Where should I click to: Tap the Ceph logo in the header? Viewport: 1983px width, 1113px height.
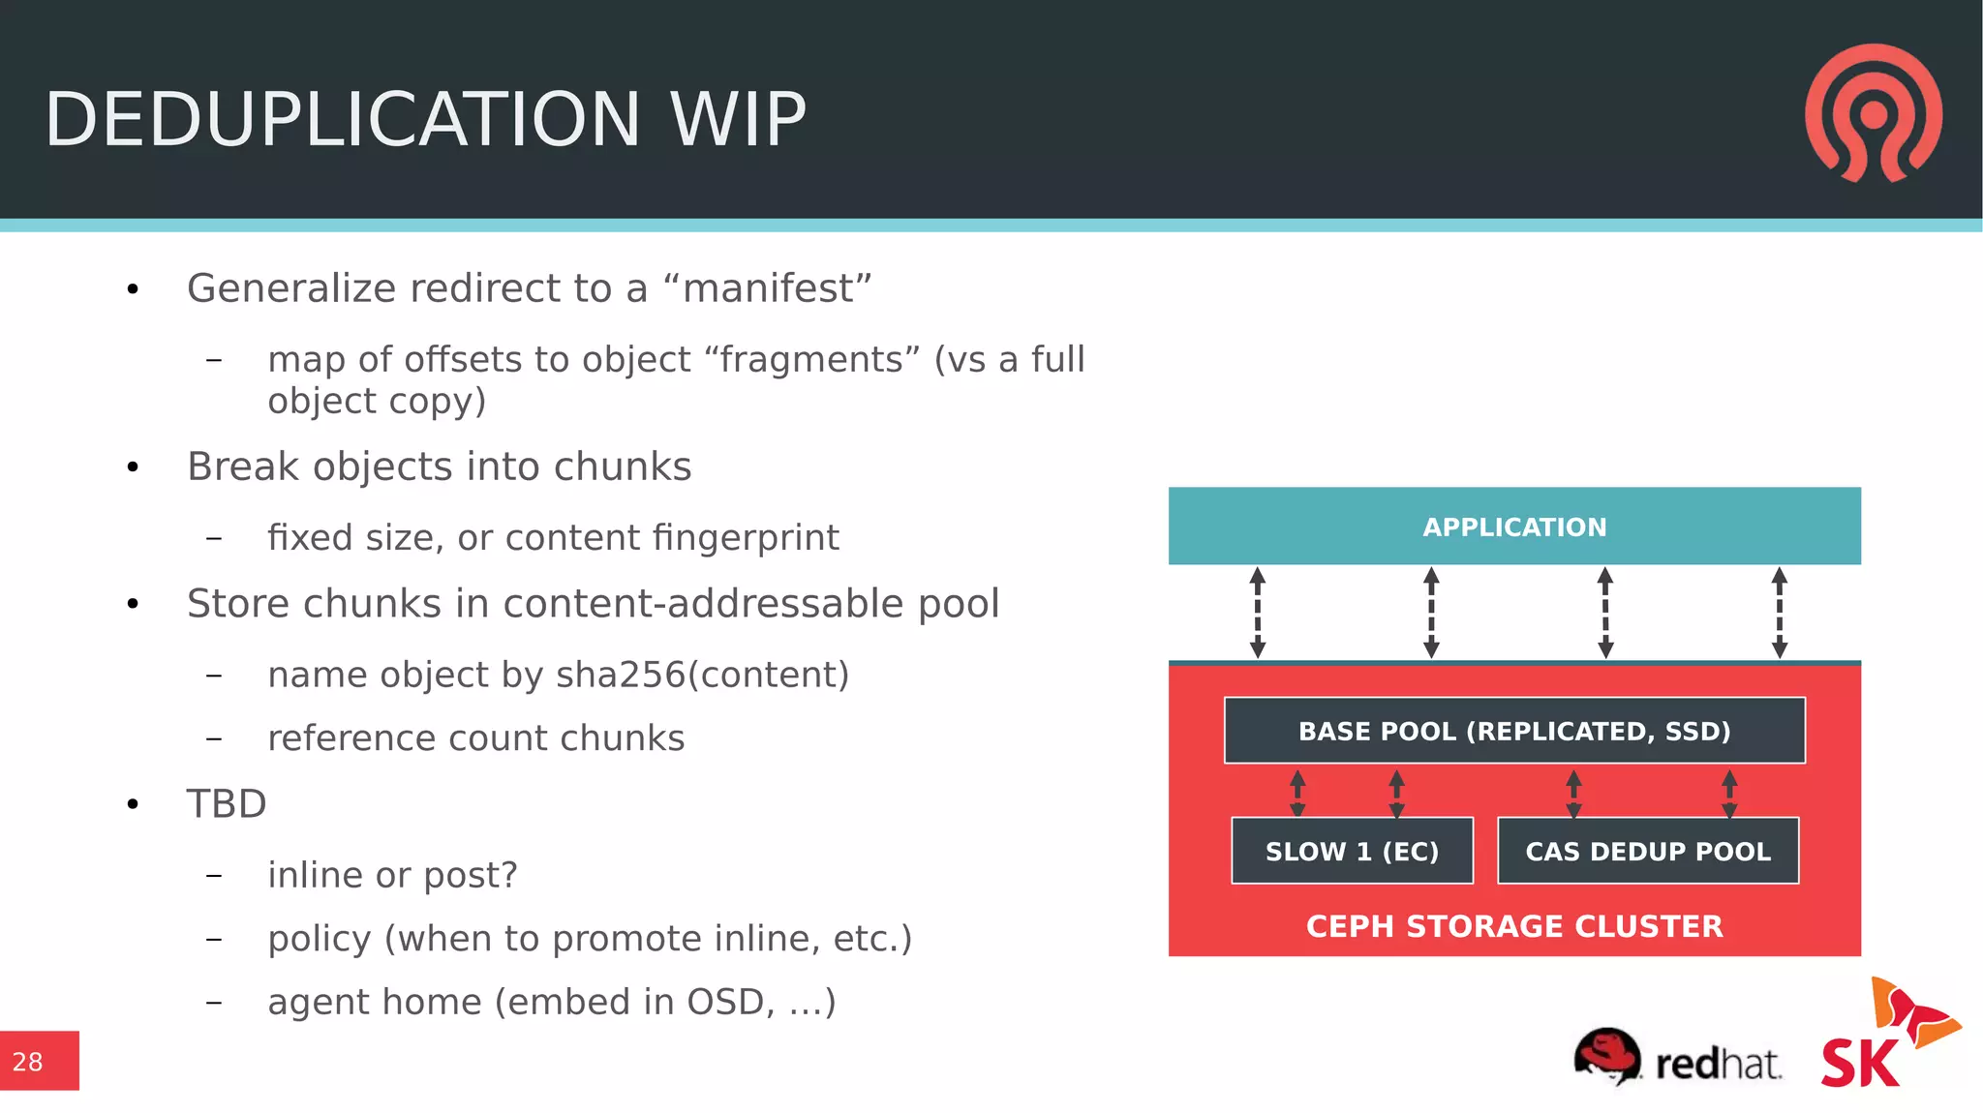tap(1873, 113)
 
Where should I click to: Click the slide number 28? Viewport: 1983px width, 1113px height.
tap(28, 1062)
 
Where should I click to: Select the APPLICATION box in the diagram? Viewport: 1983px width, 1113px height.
tap(1513, 526)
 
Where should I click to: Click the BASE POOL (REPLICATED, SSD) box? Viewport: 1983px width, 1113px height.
tap(1513, 731)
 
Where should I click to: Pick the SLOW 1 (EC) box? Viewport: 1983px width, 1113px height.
tap(1352, 851)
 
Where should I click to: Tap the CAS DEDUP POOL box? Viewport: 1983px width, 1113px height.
tap(1647, 851)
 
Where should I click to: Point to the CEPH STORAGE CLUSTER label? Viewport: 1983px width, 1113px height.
tap(1513, 926)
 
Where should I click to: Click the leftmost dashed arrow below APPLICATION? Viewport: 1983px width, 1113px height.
tap(1257, 613)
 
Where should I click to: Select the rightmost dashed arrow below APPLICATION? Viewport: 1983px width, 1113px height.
tap(1779, 613)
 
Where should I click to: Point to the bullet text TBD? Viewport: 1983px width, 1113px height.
tap(227, 804)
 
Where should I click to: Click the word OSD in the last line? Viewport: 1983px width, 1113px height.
tap(729, 1002)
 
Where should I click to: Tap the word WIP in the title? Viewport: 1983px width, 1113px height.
tap(738, 120)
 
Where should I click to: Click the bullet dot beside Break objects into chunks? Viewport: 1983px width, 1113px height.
tap(134, 468)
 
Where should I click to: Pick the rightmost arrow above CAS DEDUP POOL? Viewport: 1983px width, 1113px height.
tap(1729, 794)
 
